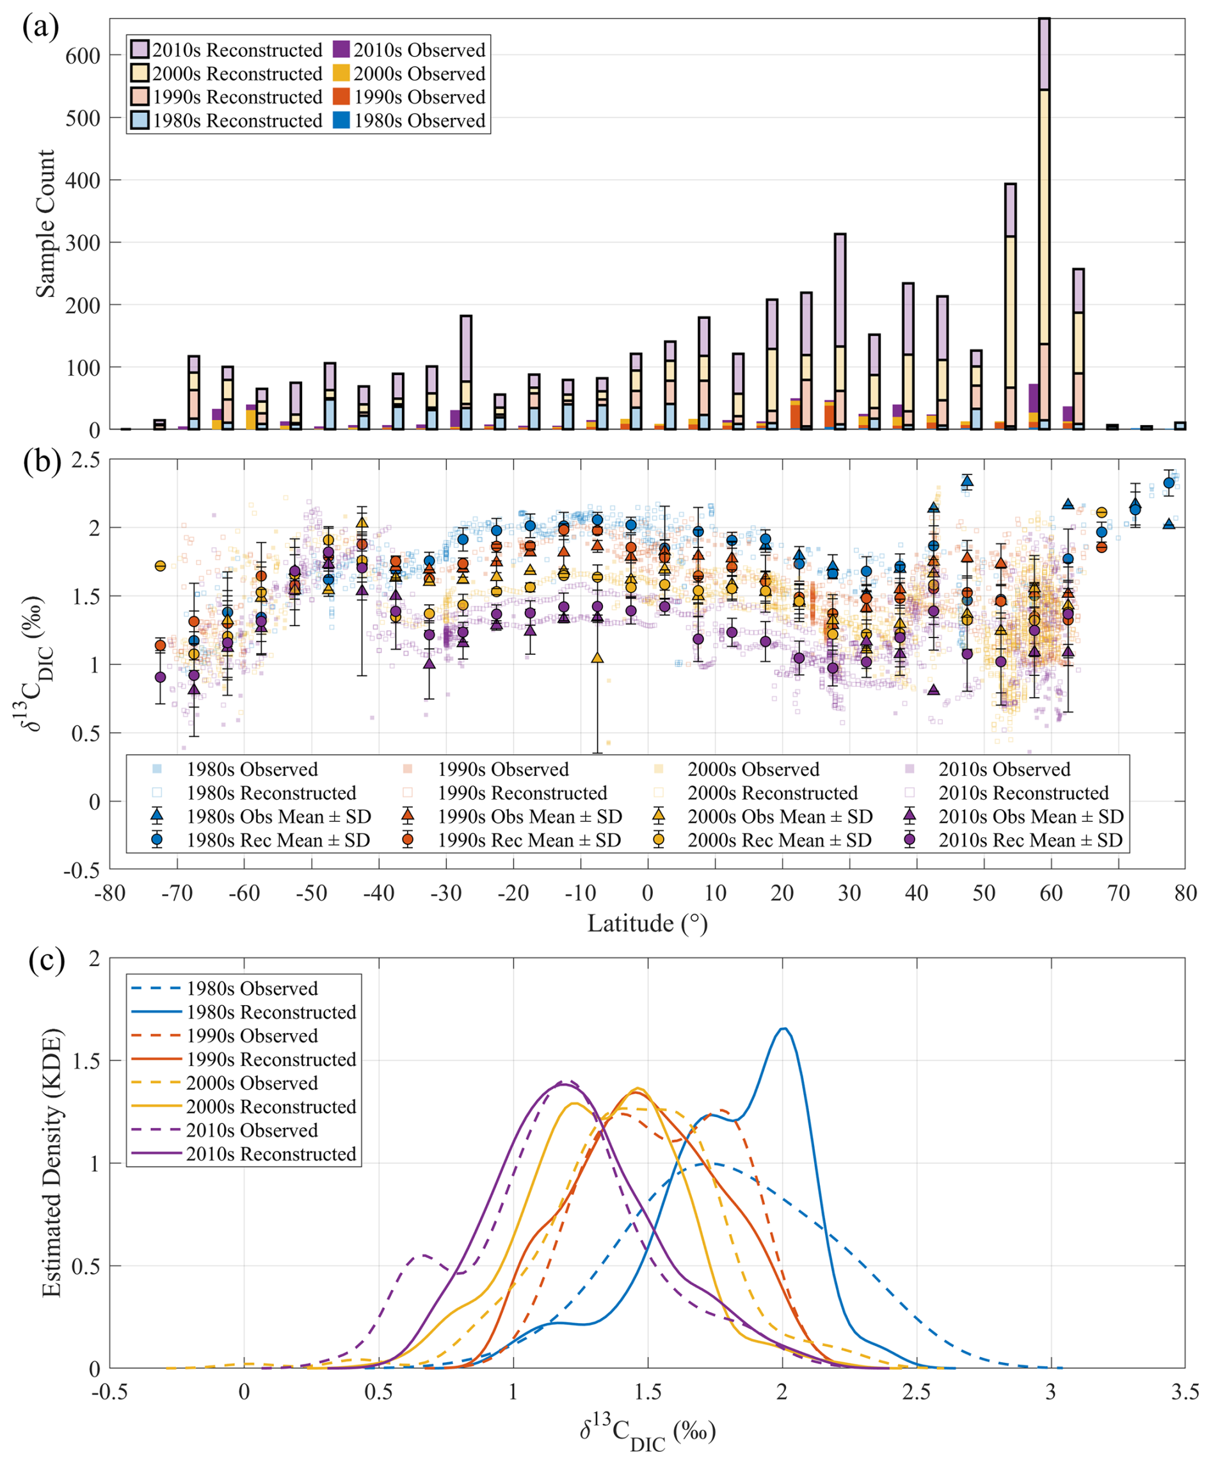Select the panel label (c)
click(x=47, y=961)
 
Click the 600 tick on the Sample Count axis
click(x=83, y=56)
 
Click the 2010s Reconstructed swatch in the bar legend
click(x=140, y=49)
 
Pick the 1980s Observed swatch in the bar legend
click(x=341, y=120)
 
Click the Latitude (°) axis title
click(x=647, y=924)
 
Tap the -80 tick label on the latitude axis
click(x=109, y=893)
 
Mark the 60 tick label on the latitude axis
click(x=1050, y=893)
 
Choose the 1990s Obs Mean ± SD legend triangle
click(x=408, y=816)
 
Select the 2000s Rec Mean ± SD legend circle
click(x=658, y=840)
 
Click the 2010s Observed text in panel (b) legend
click(x=1004, y=769)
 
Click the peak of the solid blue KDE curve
click(x=783, y=1028)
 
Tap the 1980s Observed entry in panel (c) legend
click(x=252, y=988)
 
